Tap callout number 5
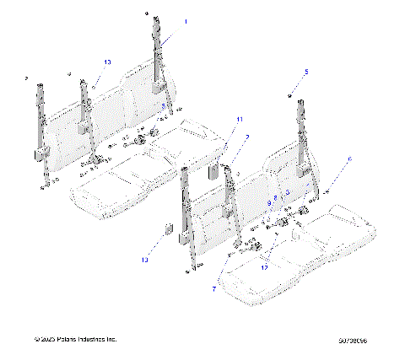[306, 73]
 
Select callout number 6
[350, 159]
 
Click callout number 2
[247, 137]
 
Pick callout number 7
[213, 288]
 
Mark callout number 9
[269, 202]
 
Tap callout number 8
[275, 196]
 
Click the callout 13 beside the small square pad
[144, 261]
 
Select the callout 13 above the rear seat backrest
[107, 62]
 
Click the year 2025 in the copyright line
[50, 339]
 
